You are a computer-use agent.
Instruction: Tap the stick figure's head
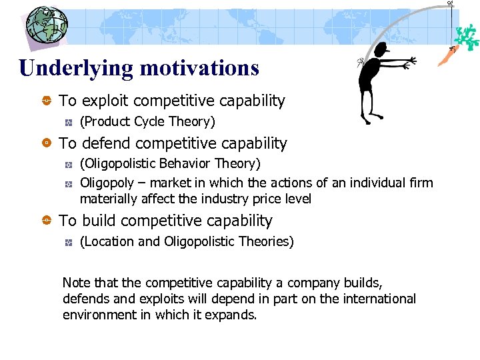(380, 49)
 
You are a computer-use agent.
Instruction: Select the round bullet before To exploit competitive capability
(47, 101)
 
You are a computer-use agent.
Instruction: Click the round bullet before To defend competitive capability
(47, 144)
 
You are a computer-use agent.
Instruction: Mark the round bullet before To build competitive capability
(47, 221)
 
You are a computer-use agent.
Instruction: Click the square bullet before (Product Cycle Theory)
(68, 123)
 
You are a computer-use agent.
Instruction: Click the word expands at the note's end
(235, 315)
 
